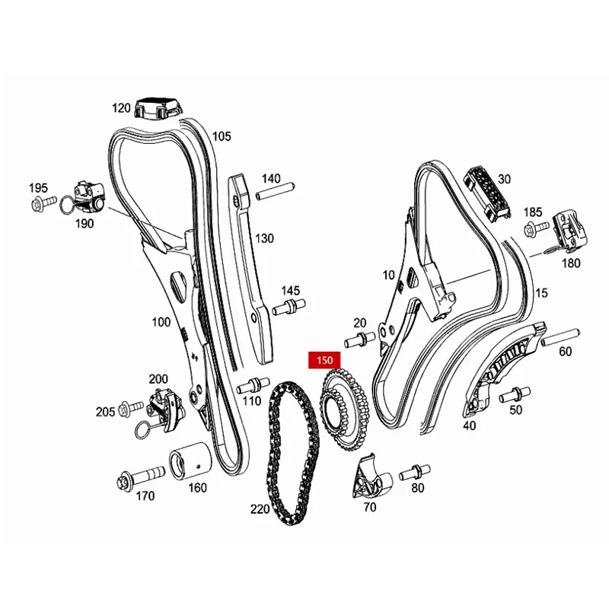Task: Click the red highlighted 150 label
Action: [326, 359]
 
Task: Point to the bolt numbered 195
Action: [44, 202]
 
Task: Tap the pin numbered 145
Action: [289, 308]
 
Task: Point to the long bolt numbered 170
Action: [142, 477]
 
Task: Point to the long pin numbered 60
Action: [560, 333]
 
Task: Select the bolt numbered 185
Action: [537, 227]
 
